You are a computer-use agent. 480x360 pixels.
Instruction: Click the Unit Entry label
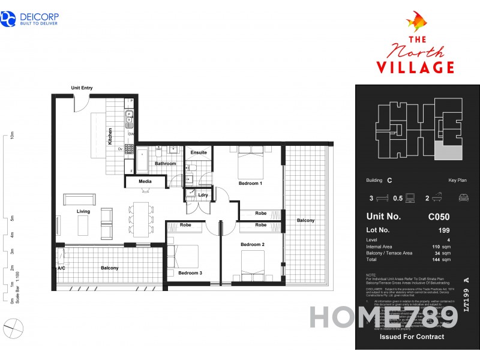point(82,88)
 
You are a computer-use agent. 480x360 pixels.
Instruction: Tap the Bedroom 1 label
point(250,183)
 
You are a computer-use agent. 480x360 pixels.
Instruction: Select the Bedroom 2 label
point(253,245)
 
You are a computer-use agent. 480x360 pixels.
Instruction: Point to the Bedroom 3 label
point(190,273)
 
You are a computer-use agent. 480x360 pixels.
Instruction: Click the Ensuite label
point(199,152)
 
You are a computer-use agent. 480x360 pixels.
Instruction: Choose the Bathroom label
point(165,163)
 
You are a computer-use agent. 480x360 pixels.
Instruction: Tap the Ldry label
point(203,195)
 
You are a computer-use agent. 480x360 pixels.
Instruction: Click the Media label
point(145,181)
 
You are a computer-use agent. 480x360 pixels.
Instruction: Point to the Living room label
point(83,211)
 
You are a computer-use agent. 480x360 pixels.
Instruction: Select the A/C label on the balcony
point(61,269)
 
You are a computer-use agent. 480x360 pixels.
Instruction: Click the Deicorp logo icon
point(9,19)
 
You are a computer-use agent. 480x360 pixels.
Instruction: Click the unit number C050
point(439,217)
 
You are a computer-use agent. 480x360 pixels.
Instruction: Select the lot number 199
point(444,230)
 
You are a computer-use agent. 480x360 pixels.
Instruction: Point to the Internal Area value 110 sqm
point(441,247)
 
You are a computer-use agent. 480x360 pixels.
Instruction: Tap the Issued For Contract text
point(412,337)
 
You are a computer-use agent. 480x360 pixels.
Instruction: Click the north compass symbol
point(13,328)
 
